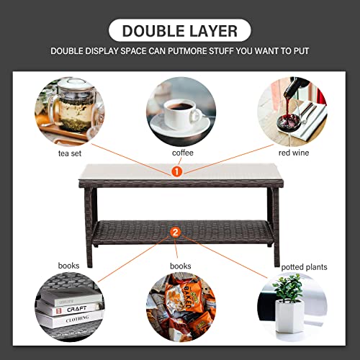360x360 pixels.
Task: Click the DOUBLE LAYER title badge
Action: [x=180, y=30]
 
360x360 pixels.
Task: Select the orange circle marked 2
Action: [x=176, y=232]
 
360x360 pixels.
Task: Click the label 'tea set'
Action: [x=68, y=153]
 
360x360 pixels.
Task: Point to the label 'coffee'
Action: [x=181, y=153]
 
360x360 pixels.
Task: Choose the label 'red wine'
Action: [x=294, y=153]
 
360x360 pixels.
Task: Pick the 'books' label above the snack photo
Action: [x=180, y=266]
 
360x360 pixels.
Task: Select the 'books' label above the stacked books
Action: [x=68, y=266]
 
